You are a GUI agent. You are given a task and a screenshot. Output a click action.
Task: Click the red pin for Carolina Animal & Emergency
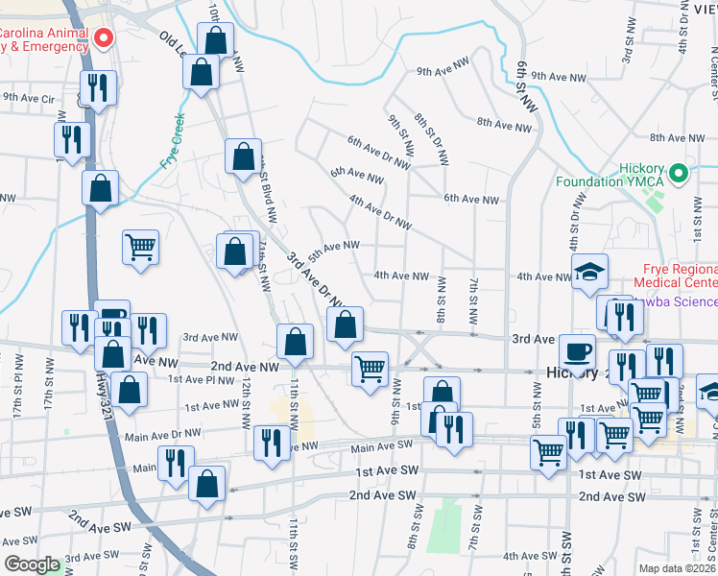coord(104,38)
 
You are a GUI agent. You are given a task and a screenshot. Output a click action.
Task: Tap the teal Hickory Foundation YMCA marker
coord(679,174)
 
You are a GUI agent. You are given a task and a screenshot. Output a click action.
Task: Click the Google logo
coord(33,564)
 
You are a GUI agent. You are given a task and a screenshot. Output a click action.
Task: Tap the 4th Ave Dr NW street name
coord(380,208)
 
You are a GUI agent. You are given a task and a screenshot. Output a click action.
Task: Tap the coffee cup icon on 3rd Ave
coord(577,351)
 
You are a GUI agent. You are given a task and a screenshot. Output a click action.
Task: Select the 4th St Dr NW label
coord(578,217)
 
